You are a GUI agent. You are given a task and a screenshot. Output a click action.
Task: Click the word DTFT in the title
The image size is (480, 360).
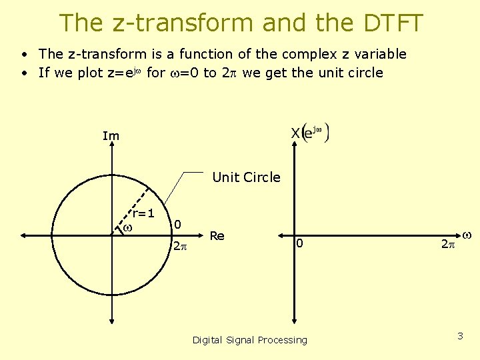point(393,23)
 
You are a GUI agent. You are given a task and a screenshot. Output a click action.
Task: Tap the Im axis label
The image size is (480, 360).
point(111,136)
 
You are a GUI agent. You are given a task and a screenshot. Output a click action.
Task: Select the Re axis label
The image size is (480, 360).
point(217,235)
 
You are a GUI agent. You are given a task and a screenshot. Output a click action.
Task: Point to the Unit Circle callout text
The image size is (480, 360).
point(246,177)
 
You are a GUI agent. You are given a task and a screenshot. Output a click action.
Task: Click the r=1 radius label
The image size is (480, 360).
point(143,213)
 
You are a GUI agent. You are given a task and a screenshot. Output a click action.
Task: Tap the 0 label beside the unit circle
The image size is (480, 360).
point(177,224)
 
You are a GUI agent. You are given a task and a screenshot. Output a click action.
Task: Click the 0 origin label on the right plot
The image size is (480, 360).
point(300,244)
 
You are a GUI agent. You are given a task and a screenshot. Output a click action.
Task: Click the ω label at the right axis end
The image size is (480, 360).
point(467,235)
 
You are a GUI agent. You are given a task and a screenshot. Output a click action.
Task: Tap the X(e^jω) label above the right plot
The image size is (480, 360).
point(309,132)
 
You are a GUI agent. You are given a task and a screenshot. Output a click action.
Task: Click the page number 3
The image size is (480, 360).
point(460,336)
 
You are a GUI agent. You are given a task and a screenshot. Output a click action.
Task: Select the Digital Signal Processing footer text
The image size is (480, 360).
point(250,340)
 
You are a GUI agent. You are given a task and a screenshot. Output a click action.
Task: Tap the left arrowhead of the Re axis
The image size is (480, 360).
point(23,235)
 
